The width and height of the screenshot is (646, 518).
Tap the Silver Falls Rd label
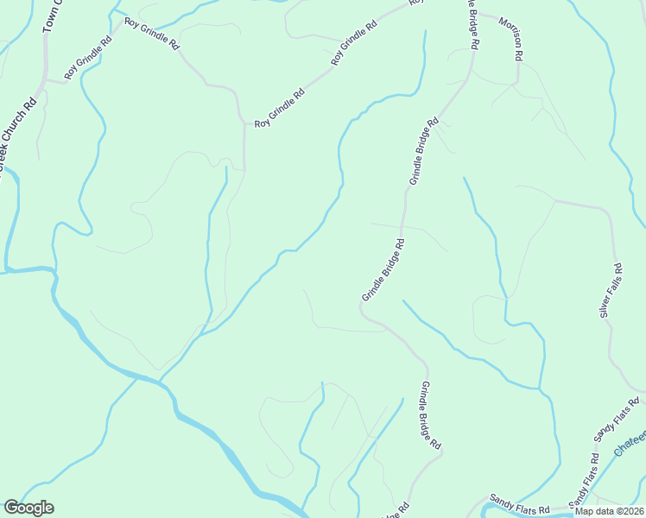click(x=610, y=290)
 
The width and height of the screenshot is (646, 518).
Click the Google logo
click(x=28, y=508)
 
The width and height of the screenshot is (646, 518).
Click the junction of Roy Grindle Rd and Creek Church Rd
click(x=43, y=80)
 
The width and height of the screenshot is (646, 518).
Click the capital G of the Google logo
click(x=11, y=508)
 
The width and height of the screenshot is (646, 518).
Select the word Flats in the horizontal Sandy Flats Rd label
click(x=522, y=502)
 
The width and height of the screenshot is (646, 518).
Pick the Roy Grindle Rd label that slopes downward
click(x=151, y=32)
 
